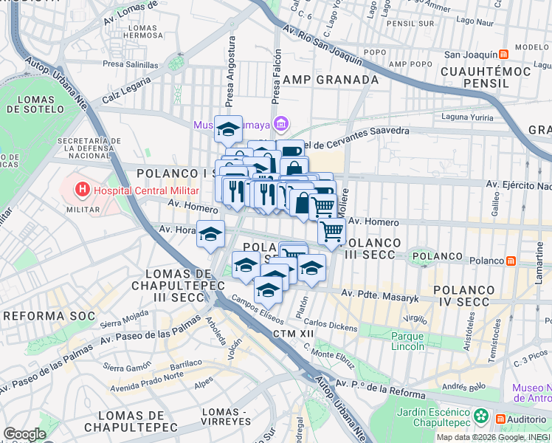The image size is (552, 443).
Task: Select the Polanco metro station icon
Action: point(511,261)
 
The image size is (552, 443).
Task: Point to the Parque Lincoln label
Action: point(407,341)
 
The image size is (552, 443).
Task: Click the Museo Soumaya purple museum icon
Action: point(280,123)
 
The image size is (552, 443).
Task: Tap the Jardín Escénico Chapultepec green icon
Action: point(481,416)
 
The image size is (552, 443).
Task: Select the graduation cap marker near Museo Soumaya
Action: point(229,128)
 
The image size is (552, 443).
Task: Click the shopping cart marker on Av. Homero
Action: point(332,230)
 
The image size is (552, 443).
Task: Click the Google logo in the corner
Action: point(24,433)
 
